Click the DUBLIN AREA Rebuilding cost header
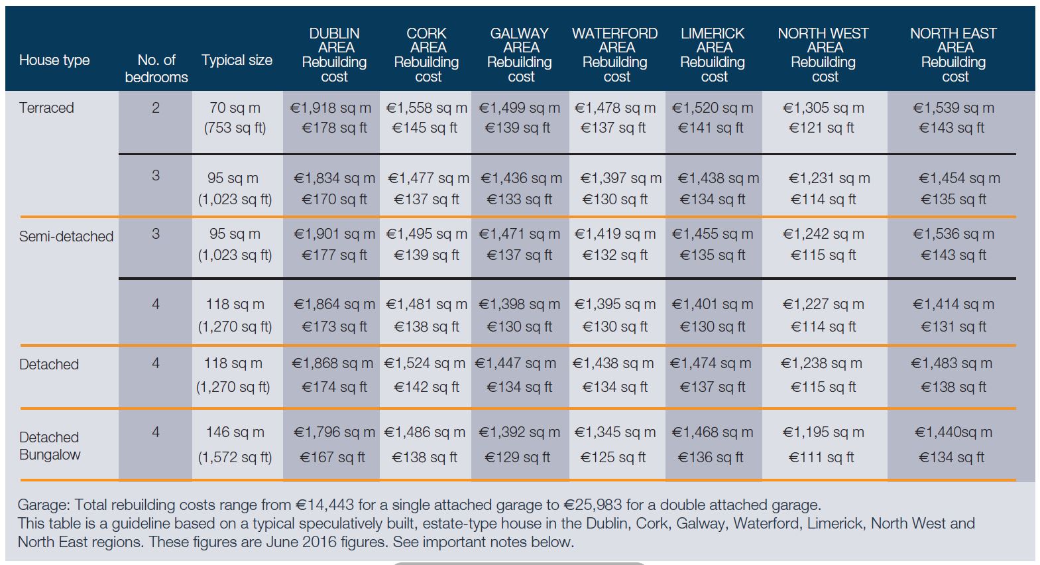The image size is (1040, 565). click(334, 54)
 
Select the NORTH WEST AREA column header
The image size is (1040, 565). click(823, 54)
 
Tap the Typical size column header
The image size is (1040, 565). click(237, 60)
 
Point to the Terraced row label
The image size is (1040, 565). click(46, 107)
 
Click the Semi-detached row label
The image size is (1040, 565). click(66, 236)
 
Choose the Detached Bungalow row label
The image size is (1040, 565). click(50, 446)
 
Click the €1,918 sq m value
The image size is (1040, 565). click(330, 107)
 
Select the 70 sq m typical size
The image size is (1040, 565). click(235, 107)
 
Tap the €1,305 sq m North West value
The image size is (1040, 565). click(823, 107)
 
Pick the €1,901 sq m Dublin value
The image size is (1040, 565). click(334, 234)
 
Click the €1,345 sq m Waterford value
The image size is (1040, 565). click(614, 432)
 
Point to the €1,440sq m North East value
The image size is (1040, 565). click(953, 432)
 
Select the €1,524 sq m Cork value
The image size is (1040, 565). click(425, 363)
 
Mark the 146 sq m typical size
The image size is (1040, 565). click(235, 432)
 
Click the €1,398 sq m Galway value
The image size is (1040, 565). click(519, 304)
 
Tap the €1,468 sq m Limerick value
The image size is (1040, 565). click(713, 432)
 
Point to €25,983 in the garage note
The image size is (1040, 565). click(594, 505)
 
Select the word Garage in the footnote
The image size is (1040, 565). click(42, 505)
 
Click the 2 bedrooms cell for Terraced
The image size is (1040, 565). click(156, 107)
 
